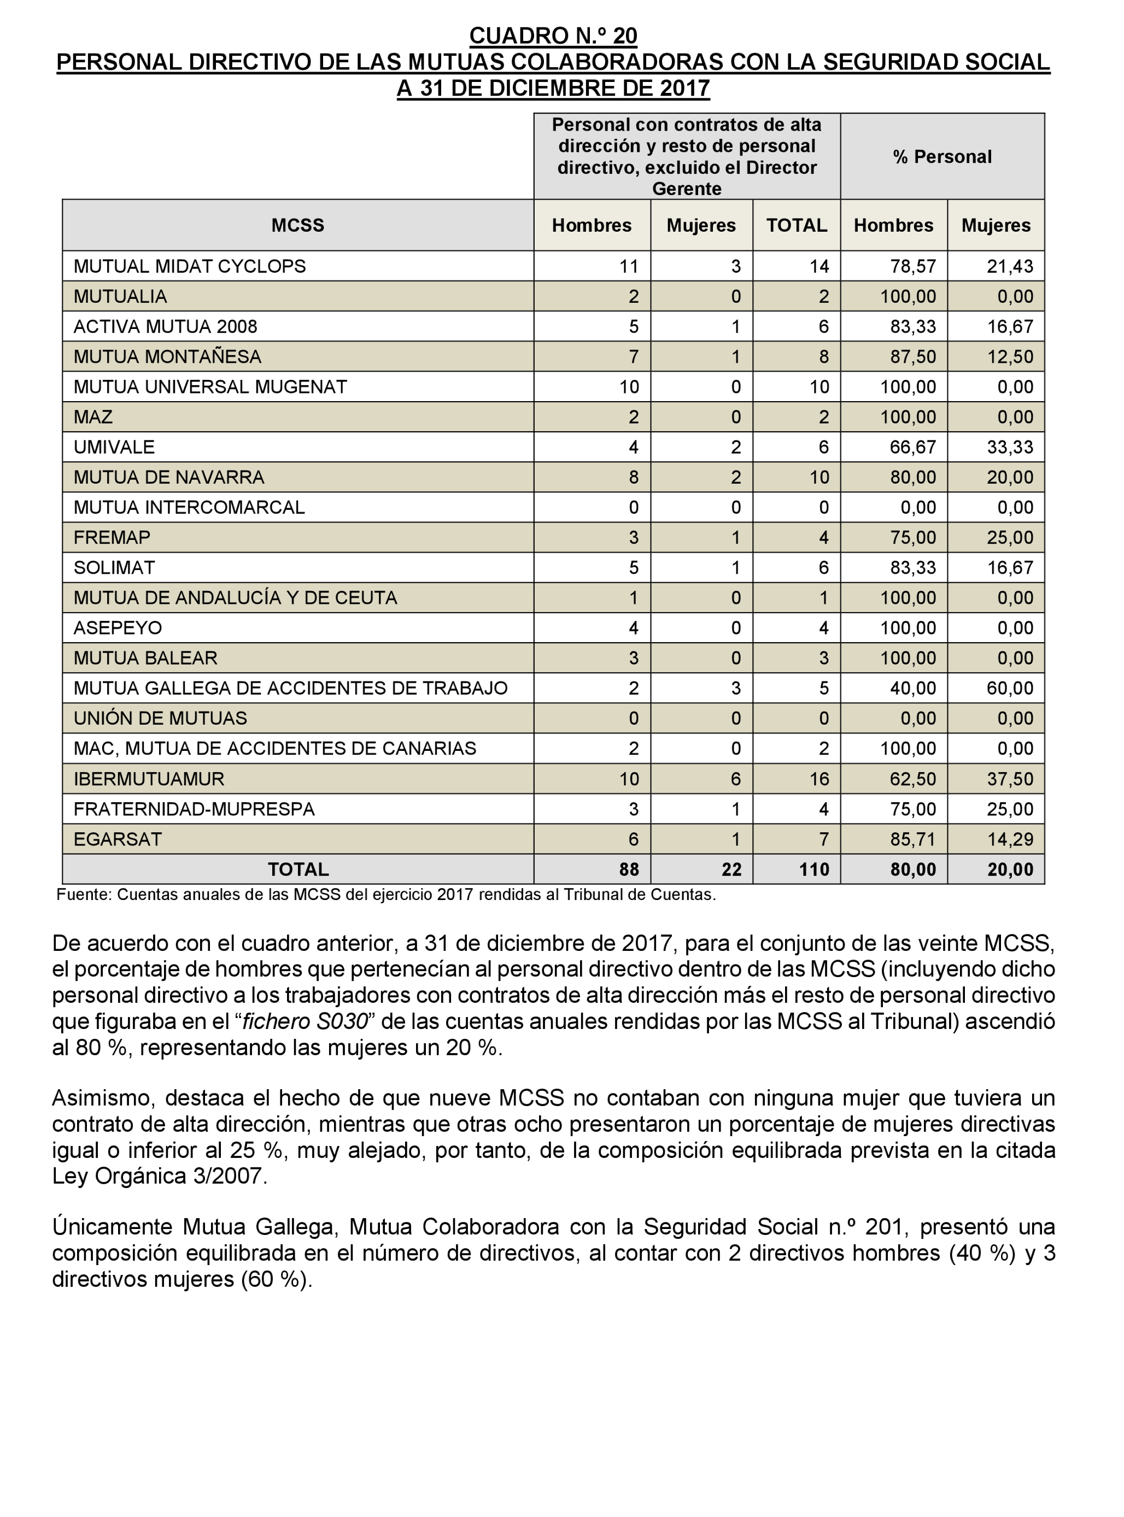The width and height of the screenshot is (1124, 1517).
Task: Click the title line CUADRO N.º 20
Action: [553, 36]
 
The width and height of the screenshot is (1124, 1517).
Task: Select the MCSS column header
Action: [297, 226]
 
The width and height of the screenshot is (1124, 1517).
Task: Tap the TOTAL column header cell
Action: [796, 226]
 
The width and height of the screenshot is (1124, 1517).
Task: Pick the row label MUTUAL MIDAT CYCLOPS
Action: [190, 267]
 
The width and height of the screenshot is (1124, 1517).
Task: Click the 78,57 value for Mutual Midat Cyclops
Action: [913, 267]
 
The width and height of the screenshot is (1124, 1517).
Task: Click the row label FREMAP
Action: [112, 538]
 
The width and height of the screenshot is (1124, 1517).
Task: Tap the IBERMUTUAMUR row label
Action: [149, 779]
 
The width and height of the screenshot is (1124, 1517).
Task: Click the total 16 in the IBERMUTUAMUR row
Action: [819, 779]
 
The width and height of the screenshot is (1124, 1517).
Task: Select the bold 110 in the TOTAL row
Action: [815, 869]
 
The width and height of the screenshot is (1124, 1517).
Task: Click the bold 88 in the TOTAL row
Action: [629, 869]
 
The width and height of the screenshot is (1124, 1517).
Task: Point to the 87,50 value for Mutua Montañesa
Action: [913, 357]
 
